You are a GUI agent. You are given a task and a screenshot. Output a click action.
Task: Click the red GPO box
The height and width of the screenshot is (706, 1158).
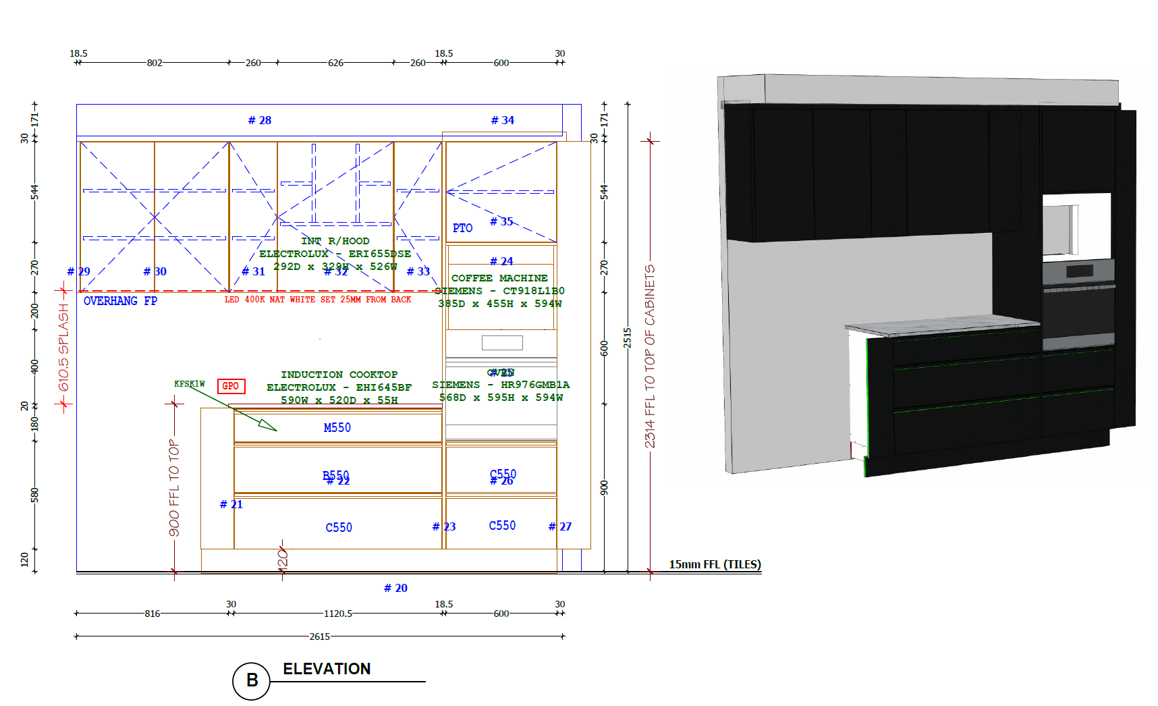tap(231, 386)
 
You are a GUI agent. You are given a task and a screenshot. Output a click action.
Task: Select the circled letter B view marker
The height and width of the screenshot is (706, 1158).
tap(252, 680)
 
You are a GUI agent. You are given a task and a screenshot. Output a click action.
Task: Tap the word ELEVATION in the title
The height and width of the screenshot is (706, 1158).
tap(327, 669)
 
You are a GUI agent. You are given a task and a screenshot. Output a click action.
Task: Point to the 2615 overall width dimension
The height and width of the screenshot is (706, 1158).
tap(320, 636)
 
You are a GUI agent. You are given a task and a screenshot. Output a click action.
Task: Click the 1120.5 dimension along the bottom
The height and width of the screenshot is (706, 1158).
tap(338, 614)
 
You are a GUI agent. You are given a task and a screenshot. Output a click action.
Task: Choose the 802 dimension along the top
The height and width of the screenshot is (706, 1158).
tap(155, 63)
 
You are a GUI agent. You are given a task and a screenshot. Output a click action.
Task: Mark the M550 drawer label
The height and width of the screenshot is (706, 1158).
tap(337, 427)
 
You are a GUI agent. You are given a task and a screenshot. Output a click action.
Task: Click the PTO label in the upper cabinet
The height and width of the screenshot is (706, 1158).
tap(462, 228)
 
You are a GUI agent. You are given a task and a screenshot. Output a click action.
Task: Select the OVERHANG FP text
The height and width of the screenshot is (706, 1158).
tap(120, 301)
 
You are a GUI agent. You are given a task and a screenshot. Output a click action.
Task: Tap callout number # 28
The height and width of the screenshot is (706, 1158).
tap(260, 120)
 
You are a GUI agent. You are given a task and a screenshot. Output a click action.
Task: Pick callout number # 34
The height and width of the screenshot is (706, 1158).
tap(503, 120)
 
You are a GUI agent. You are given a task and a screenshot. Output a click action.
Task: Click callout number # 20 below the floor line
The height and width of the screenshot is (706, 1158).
tap(396, 588)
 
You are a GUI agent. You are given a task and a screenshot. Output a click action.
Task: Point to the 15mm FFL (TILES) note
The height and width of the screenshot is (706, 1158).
tap(715, 564)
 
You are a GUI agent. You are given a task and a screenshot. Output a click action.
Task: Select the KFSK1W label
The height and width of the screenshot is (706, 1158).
tap(189, 384)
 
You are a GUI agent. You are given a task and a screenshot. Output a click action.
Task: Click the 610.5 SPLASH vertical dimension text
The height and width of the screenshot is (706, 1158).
tap(64, 347)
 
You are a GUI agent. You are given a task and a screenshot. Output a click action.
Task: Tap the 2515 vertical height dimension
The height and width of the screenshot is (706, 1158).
tap(628, 337)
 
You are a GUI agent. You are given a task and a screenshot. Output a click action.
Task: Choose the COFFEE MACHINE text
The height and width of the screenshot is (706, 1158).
tap(499, 278)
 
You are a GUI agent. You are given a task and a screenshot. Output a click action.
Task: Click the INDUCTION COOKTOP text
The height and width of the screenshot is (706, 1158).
tap(339, 375)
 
